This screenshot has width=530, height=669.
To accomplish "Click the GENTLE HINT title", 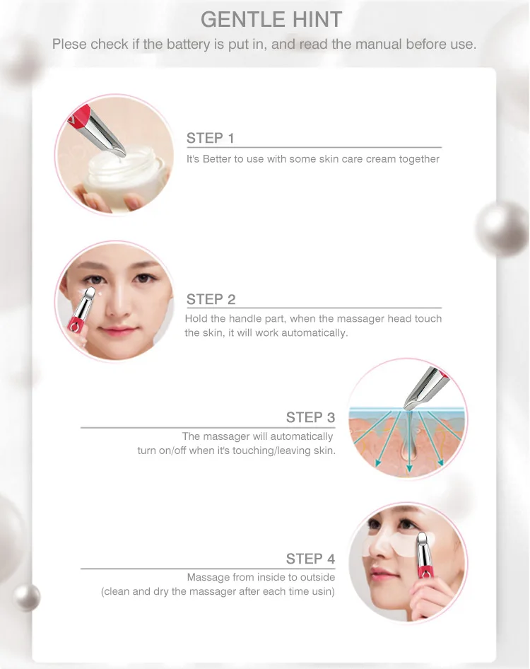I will pos(271,18).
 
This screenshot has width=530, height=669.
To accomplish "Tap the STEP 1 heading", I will pos(210,138).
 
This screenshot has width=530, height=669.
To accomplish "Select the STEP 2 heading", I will pos(211,299).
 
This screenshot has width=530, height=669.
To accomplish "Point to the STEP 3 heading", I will pos(310,417).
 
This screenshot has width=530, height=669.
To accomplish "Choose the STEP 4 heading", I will pos(310,559).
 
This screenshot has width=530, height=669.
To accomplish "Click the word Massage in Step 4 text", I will pos(208,578).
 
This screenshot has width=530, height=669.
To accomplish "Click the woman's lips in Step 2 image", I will pos(117,331).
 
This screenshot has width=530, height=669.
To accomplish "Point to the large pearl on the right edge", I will pos(503,231).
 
